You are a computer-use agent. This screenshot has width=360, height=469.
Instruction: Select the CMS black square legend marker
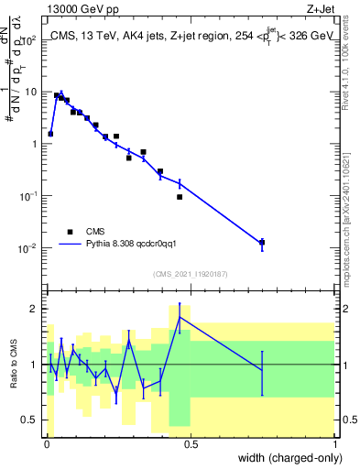[70, 232]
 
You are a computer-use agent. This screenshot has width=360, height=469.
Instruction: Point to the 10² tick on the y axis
[29, 40]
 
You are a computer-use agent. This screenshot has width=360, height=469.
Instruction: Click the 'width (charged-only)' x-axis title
[285, 459]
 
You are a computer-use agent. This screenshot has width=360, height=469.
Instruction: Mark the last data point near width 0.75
[262, 243]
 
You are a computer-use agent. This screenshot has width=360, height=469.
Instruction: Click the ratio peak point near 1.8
[180, 317]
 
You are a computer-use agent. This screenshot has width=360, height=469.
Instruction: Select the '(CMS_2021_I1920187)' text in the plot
[191, 274]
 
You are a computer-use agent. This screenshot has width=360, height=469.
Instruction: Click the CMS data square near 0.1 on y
[180, 197]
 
